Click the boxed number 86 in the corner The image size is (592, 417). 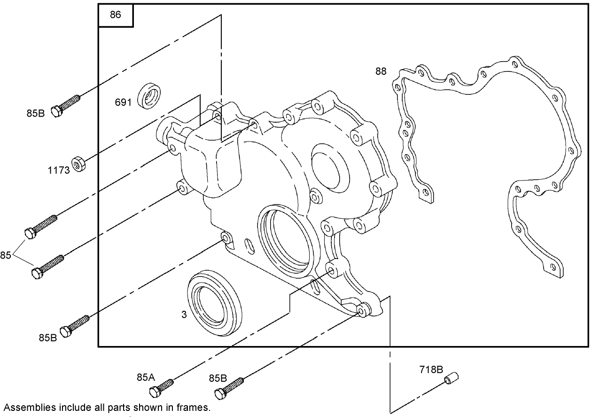(115, 15)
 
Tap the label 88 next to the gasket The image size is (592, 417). (381, 71)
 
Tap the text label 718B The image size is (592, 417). (431, 370)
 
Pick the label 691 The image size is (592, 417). (123, 102)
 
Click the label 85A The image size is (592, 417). (146, 377)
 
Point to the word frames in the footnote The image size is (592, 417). (195, 408)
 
